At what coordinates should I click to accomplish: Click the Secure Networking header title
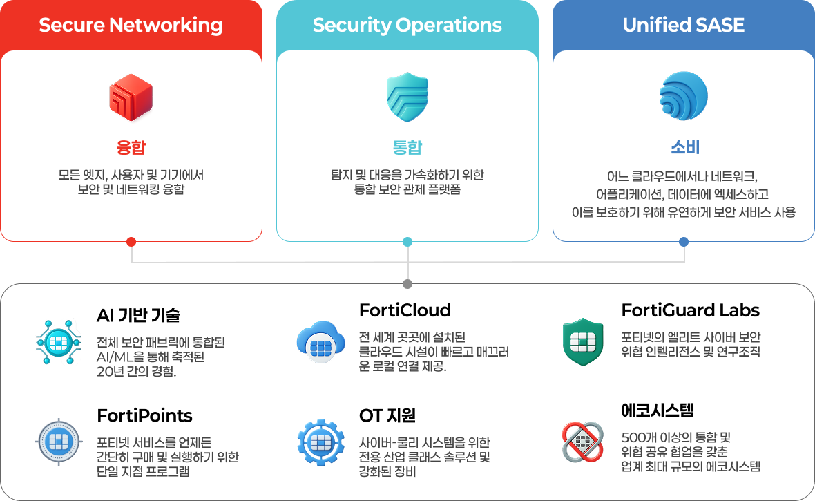pyautogui.click(x=131, y=26)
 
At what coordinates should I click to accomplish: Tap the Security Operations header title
pyautogui.click(x=407, y=26)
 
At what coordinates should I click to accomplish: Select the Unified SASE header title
pyautogui.click(x=683, y=26)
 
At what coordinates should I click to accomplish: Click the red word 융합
pyautogui.click(x=131, y=148)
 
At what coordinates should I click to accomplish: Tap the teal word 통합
pyautogui.click(x=407, y=148)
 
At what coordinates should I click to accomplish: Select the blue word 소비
pyautogui.click(x=683, y=148)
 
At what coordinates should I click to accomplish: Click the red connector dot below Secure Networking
pyautogui.click(x=131, y=242)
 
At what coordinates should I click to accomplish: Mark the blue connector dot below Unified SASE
pyautogui.click(x=684, y=242)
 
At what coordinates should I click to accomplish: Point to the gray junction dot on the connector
pyautogui.click(x=407, y=284)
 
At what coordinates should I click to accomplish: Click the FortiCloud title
pyautogui.click(x=405, y=310)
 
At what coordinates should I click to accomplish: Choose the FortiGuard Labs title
pyautogui.click(x=691, y=310)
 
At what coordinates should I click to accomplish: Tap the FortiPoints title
pyautogui.click(x=144, y=416)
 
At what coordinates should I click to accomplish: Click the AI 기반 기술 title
pyautogui.click(x=138, y=316)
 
